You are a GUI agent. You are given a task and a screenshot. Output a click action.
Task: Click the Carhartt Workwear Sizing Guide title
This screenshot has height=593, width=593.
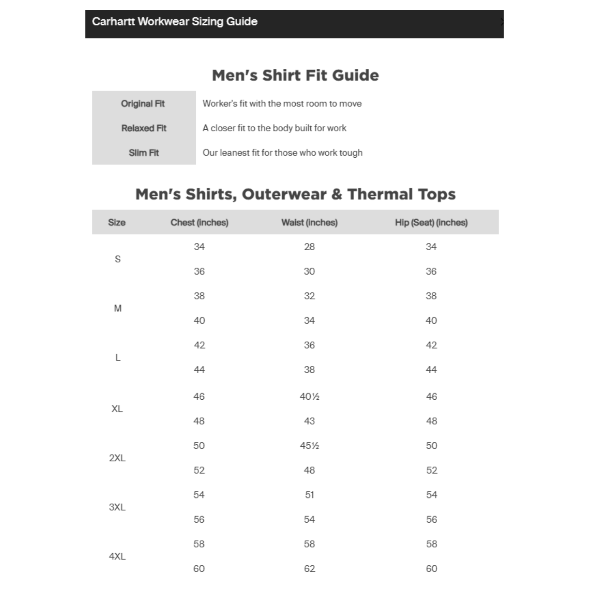coord(174,21)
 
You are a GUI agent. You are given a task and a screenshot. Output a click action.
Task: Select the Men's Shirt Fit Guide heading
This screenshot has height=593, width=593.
coord(295,75)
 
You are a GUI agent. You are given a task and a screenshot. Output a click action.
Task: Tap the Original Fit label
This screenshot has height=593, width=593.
coord(143,104)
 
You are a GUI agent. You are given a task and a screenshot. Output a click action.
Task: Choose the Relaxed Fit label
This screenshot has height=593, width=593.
coord(144,128)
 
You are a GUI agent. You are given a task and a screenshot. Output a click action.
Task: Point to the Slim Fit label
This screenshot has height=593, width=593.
coord(144,153)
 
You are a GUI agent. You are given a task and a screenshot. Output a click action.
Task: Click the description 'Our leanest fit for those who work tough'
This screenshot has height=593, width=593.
coord(282,153)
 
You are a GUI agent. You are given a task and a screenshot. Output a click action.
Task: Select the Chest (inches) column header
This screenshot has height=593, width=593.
coord(199,223)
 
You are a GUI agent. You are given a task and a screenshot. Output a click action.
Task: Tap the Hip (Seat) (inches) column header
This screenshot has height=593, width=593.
coord(431,223)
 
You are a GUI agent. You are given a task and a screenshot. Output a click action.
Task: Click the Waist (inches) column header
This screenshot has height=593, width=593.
coord(309,223)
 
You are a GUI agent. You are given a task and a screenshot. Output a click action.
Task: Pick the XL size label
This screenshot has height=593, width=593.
coord(117,409)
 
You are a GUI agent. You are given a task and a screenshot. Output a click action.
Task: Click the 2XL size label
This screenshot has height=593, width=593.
coord(117,458)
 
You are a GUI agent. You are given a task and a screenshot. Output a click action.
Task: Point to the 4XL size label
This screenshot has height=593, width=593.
coord(117,556)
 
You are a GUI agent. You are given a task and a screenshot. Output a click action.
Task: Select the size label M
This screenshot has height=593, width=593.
coord(117,308)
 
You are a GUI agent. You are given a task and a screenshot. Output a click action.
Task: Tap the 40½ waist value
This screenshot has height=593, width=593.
coord(309,397)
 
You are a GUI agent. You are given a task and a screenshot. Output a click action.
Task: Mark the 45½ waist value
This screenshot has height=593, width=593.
coord(309,446)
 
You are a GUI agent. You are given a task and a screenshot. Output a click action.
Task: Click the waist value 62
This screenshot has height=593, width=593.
coord(309,568)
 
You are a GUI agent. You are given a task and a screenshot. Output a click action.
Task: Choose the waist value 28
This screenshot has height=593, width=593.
coord(309,247)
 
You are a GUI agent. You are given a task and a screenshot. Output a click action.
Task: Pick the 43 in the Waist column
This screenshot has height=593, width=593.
coord(309,421)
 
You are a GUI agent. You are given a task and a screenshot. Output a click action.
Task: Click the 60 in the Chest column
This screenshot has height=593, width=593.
coord(199,568)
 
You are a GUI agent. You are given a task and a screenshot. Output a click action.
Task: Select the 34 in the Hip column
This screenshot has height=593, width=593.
coord(431,247)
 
